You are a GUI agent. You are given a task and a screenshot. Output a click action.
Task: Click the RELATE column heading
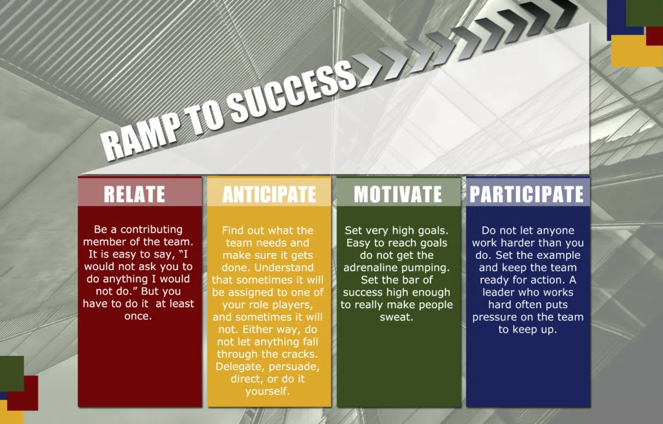(x=135, y=194)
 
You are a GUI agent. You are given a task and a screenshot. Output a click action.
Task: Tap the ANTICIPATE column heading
(x=269, y=194)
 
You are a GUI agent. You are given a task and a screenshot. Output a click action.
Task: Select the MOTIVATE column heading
(x=398, y=194)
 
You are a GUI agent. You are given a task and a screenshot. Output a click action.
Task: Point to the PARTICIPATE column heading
(x=527, y=194)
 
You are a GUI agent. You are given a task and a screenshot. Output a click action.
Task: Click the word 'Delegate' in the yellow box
(x=240, y=367)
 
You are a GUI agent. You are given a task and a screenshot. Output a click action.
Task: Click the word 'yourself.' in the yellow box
(x=267, y=392)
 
